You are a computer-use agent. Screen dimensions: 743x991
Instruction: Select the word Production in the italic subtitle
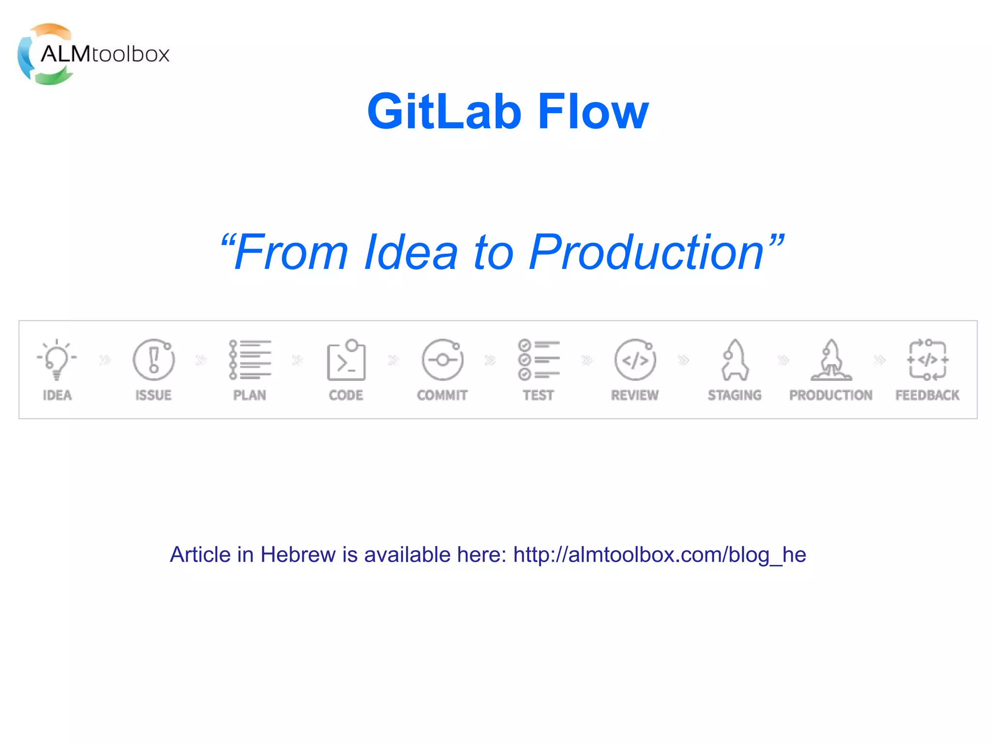(646, 253)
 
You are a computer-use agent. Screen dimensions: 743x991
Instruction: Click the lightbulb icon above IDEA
(57, 359)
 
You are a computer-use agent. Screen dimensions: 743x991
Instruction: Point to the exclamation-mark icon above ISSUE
(153, 359)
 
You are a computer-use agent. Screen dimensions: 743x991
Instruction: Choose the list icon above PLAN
(250, 359)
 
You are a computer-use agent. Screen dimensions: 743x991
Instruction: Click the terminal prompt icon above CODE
(346, 360)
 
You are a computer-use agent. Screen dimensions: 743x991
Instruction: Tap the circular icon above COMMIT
(442, 359)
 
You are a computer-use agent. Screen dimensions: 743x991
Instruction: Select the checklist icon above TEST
(538, 359)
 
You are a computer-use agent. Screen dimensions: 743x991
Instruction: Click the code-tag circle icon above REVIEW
(635, 359)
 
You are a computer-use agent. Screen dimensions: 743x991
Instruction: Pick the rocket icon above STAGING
(735, 359)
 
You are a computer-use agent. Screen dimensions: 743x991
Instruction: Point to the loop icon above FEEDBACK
(927, 359)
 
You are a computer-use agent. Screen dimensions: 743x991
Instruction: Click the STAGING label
(735, 395)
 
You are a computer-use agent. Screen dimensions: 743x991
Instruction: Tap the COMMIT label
(442, 395)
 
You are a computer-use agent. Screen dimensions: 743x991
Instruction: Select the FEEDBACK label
(927, 395)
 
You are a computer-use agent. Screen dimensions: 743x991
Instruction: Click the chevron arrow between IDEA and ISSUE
(105, 360)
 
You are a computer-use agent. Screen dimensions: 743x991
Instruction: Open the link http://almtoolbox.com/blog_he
(660, 555)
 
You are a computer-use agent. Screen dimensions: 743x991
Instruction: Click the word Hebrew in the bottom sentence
(298, 555)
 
